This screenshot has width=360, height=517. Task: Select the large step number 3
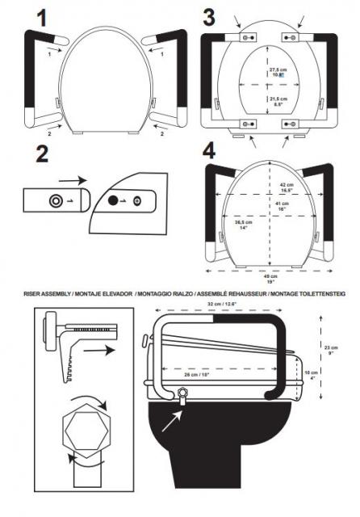(x=208, y=15)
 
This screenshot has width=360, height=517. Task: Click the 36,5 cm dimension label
(x=242, y=224)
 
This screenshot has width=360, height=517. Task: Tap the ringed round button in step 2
(x=55, y=200)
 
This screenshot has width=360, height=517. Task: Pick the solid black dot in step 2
(x=113, y=200)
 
